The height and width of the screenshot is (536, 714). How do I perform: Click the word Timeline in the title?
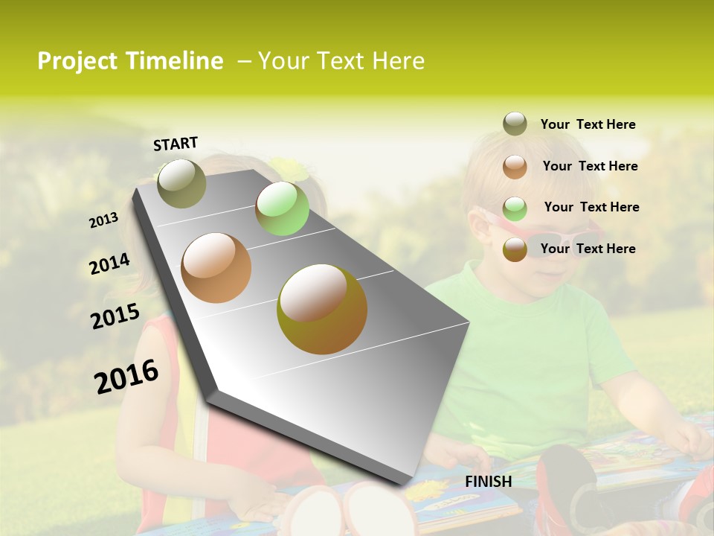click(174, 61)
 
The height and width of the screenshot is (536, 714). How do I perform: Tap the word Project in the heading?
click(78, 61)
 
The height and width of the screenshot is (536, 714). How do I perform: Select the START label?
click(176, 144)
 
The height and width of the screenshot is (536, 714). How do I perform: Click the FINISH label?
click(489, 482)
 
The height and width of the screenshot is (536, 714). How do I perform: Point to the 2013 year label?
click(103, 220)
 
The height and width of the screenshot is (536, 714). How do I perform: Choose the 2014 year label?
click(109, 264)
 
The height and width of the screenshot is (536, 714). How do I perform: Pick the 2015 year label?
click(115, 316)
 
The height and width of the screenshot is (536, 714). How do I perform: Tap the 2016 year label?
click(126, 376)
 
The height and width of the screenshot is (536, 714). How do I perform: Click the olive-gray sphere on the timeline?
click(181, 183)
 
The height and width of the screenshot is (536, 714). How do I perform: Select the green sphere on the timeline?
click(282, 208)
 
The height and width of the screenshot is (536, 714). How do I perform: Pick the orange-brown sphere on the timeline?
click(216, 268)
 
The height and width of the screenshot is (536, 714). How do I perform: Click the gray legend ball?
click(515, 124)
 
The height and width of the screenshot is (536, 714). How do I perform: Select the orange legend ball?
click(515, 166)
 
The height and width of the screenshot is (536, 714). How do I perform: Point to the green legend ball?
click(515, 208)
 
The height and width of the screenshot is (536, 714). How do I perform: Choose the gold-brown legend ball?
click(515, 249)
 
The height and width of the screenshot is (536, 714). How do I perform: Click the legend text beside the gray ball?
click(588, 124)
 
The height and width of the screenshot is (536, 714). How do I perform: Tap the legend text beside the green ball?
click(591, 207)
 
